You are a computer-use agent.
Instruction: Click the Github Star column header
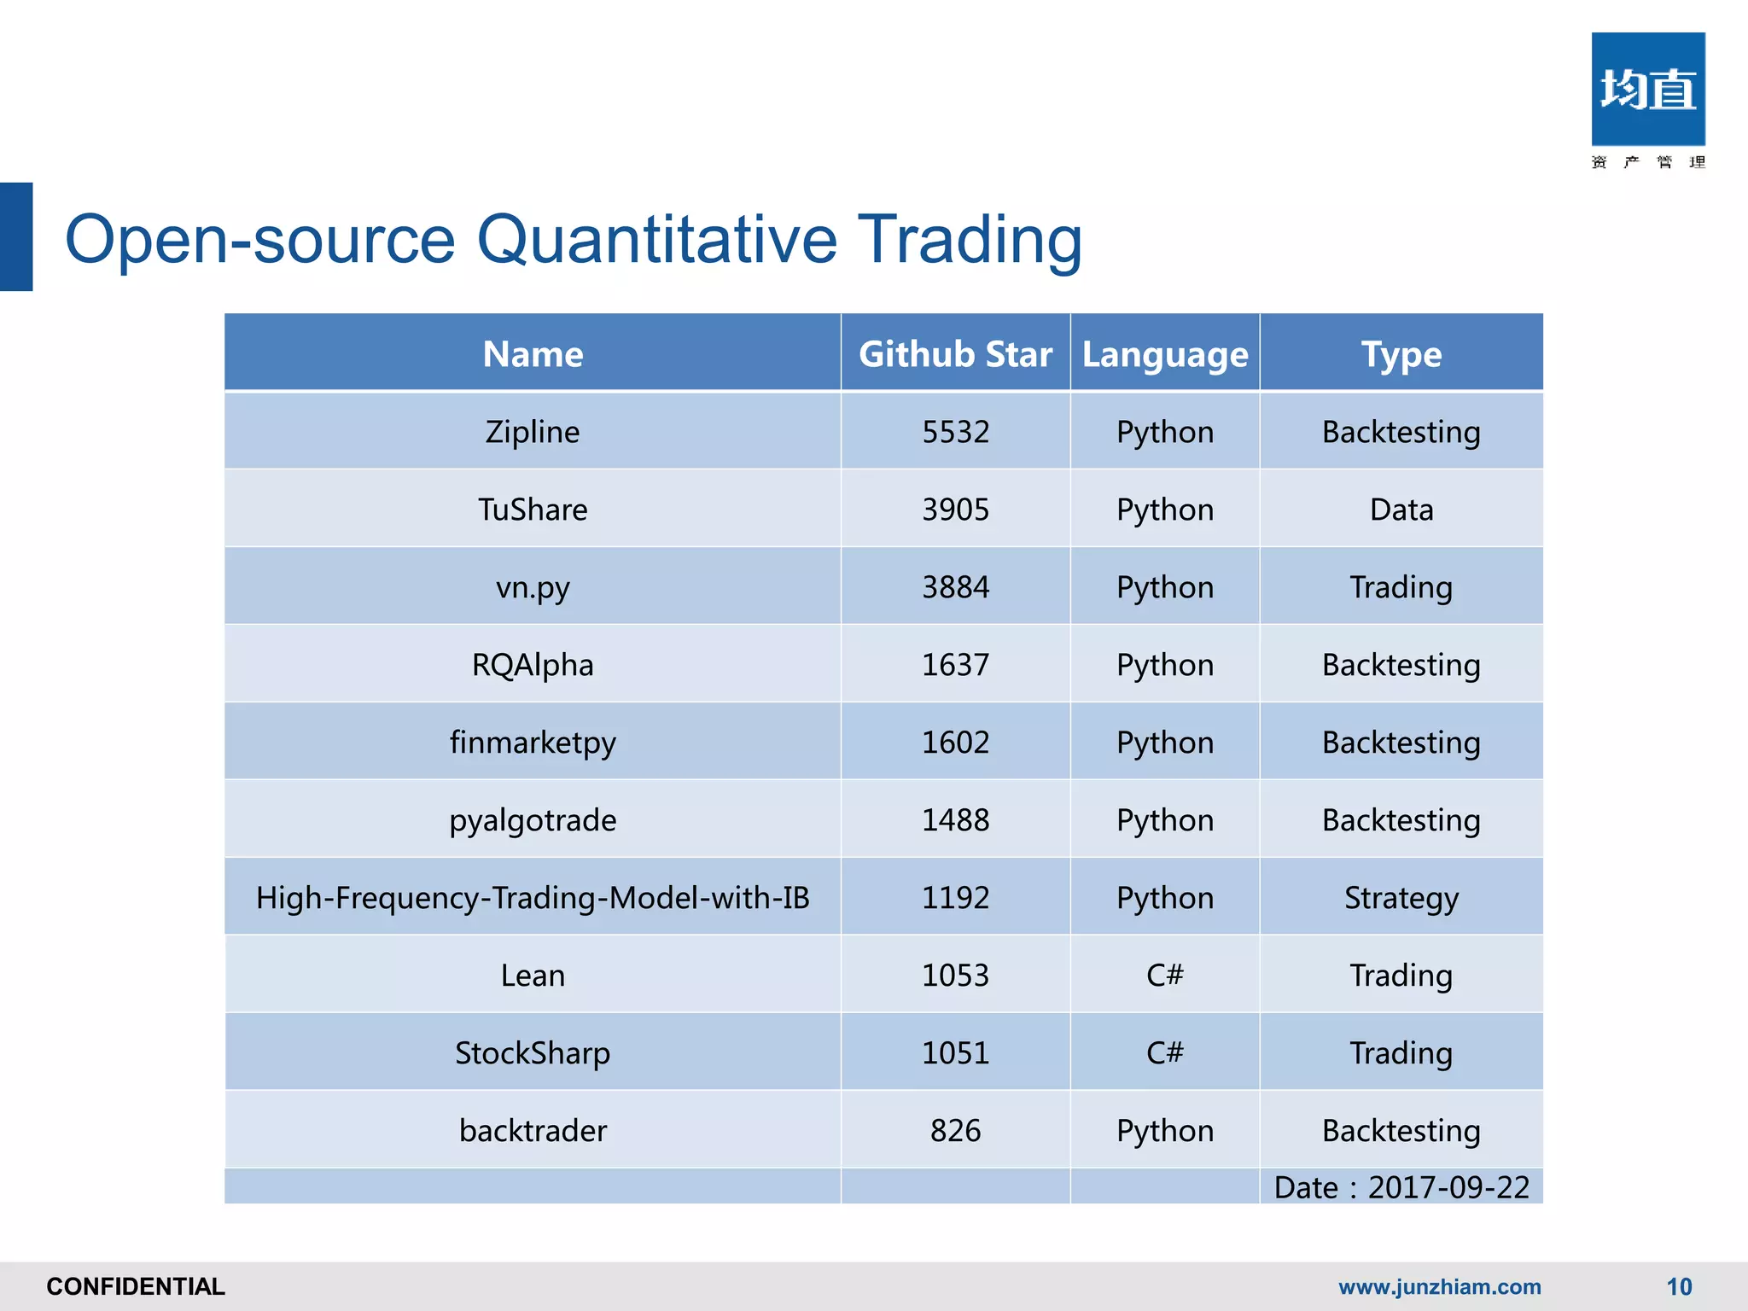coord(955,354)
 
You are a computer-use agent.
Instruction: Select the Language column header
coord(1164,354)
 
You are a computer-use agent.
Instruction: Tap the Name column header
coord(533,354)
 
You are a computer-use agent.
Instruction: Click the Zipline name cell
coord(533,432)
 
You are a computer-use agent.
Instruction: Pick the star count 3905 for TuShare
coord(955,510)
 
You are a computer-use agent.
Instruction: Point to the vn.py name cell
coord(533,587)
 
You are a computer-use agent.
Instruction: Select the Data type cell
coord(1401,510)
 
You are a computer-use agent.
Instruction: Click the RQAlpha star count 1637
coord(955,665)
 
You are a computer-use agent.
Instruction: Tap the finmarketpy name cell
coord(533,743)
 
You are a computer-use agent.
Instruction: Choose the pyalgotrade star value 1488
coord(955,820)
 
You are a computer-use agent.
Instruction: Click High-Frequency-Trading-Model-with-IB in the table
coord(533,898)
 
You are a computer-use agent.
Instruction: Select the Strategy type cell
coord(1401,898)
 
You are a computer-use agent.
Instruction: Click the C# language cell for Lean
coord(1164,976)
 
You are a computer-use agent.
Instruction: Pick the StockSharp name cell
coord(533,1053)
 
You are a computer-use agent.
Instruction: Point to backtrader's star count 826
coord(955,1131)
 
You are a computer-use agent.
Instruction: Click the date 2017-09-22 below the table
coord(1448,1187)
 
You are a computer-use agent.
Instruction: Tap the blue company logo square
coord(1647,90)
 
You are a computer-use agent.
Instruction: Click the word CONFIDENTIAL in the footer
coord(136,1286)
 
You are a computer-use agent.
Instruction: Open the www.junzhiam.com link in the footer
coord(1439,1286)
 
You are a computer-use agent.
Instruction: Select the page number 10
coord(1679,1286)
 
